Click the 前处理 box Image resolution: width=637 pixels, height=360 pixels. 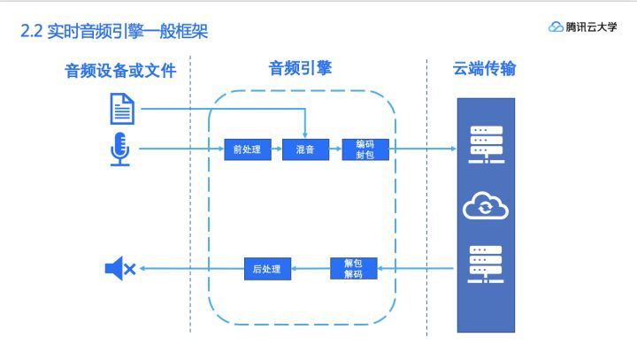point(247,149)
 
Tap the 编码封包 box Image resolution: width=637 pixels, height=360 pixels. point(365,149)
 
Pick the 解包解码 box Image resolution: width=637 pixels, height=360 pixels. point(354,268)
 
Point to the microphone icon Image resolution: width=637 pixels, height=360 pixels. point(120,149)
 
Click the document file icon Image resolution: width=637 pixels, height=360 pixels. point(122,108)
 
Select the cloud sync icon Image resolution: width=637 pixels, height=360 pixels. point(485,208)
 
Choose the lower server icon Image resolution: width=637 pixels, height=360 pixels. point(485,263)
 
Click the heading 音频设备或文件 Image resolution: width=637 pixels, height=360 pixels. point(120,71)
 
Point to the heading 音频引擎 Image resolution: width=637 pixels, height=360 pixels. point(300,68)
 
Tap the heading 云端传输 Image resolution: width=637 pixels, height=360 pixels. point(485,69)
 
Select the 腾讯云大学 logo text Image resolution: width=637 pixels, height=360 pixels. point(592,27)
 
